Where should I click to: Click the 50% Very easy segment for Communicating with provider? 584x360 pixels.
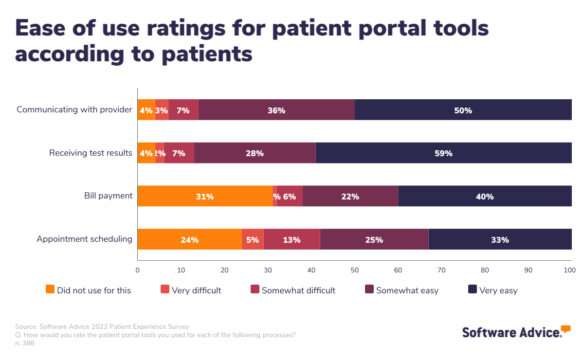[463, 110]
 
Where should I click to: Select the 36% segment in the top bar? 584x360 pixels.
[276, 110]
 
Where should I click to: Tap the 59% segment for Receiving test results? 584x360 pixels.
[443, 153]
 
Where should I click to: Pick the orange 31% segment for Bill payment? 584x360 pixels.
[205, 197]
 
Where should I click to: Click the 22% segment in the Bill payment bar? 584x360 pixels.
[350, 197]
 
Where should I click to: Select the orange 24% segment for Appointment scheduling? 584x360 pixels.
[189, 239]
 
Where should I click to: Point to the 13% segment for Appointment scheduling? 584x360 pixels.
[292, 239]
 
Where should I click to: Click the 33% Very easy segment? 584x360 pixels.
[500, 239]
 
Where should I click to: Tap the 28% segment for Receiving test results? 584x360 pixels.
[255, 153]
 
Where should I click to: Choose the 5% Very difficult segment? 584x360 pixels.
[253, 239]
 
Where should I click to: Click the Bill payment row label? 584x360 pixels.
[108, 196]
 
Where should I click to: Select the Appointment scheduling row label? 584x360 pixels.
[85, 239]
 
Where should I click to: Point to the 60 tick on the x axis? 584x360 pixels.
[398, 270]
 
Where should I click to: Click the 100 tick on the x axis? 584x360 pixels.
[569, 270]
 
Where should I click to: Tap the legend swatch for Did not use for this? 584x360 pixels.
[50, 289]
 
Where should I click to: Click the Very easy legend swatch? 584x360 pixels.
[472, 289]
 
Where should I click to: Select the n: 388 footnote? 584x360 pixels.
[25, 343]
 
